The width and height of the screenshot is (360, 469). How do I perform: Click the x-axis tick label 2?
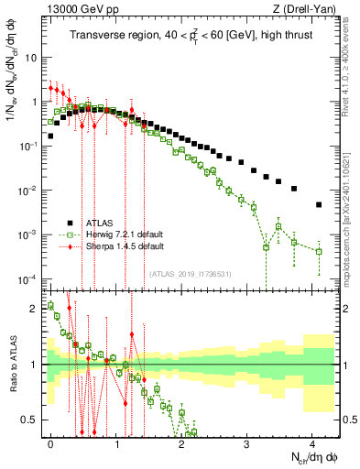point(181,442)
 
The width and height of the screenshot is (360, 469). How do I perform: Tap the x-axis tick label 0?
point(51,442)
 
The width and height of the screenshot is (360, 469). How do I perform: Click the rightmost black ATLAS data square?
point(319,204)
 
